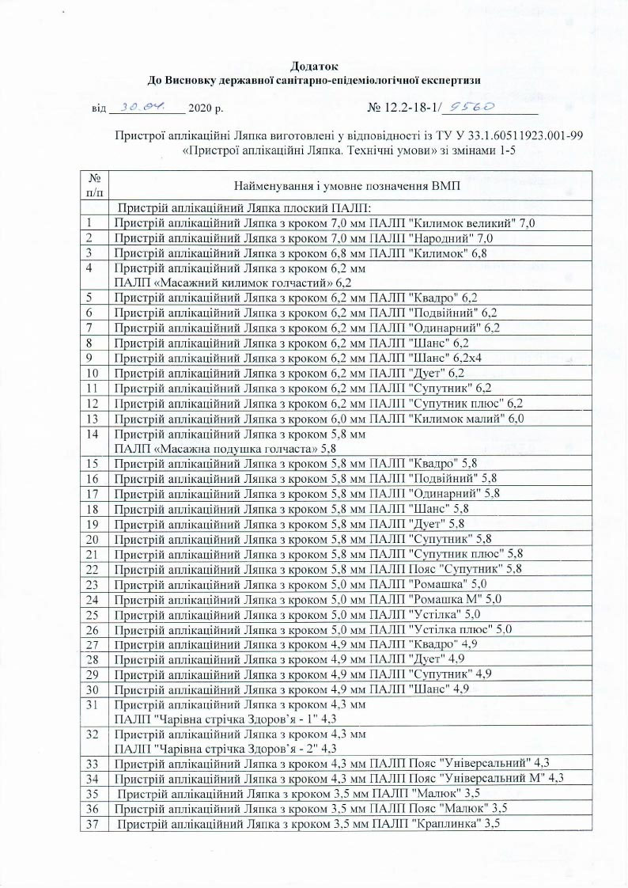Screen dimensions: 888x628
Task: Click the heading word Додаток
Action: [x=314, y=66]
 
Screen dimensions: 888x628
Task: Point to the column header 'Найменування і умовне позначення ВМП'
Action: [x=348, y=185]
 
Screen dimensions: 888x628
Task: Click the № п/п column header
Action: [x=94, y=185]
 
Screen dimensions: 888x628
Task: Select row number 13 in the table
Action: [x=93, y=419]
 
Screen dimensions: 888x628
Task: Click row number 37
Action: [x=93, y=824]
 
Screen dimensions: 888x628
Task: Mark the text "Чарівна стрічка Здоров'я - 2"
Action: [x=218, y=748]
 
